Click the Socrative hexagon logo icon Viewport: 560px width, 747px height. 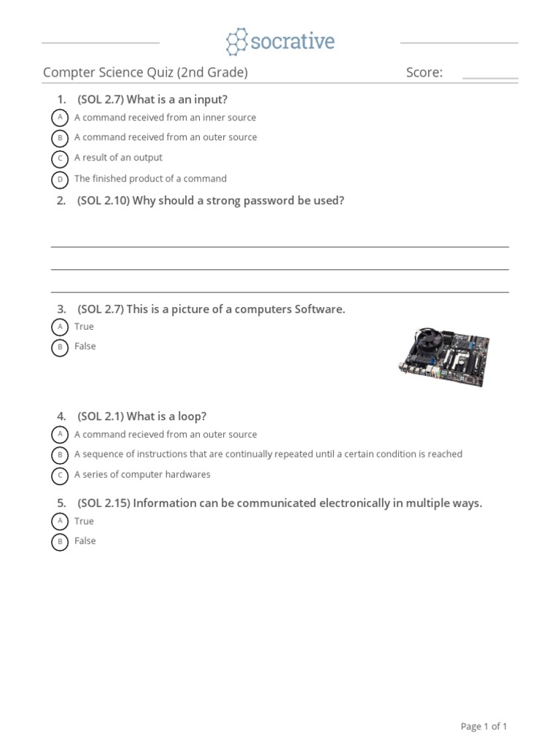236,42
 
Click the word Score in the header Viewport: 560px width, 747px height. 424,72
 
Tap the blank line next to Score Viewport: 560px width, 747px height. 490,76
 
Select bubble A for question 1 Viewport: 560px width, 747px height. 60,118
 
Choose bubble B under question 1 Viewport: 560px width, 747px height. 60,138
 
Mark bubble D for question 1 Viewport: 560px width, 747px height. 60,179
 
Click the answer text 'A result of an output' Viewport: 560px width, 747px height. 118,158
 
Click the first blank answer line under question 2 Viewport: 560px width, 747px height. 279,247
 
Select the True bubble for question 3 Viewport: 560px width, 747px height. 60,328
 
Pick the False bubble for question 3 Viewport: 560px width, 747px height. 60,347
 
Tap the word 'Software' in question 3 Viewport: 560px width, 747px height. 319,309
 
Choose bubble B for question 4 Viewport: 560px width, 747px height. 60,455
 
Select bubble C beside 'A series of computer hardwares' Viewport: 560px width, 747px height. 60,476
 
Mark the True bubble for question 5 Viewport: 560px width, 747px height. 60,522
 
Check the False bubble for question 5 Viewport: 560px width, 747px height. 60,541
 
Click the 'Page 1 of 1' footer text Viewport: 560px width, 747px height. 483,726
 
